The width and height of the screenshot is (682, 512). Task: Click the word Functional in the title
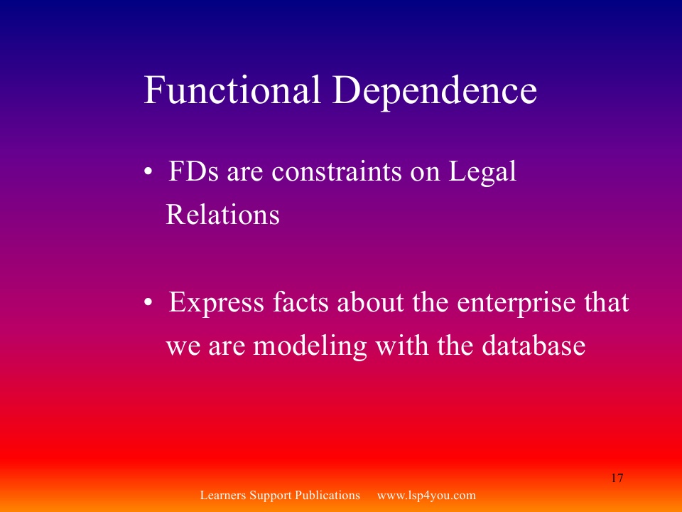click(232, 90)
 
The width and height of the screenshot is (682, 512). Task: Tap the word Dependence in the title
click(435, 90)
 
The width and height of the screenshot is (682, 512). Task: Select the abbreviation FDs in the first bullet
click(193, 171)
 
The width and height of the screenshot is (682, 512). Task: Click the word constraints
click(337, 171)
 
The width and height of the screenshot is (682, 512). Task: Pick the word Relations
click(222, 214)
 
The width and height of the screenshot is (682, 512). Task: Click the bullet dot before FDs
click(148, 171)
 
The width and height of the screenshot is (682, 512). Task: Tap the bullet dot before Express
click(148, 302)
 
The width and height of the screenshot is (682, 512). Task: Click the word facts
click(301, 302)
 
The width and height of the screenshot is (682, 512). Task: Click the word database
click(534, 346)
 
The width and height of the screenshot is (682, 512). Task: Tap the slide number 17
click(617, 478)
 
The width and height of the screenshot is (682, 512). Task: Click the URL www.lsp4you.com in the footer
click(426, 496)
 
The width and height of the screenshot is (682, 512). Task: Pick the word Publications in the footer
click(328, 495)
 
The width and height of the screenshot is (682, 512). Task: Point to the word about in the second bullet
click(371, 302)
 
